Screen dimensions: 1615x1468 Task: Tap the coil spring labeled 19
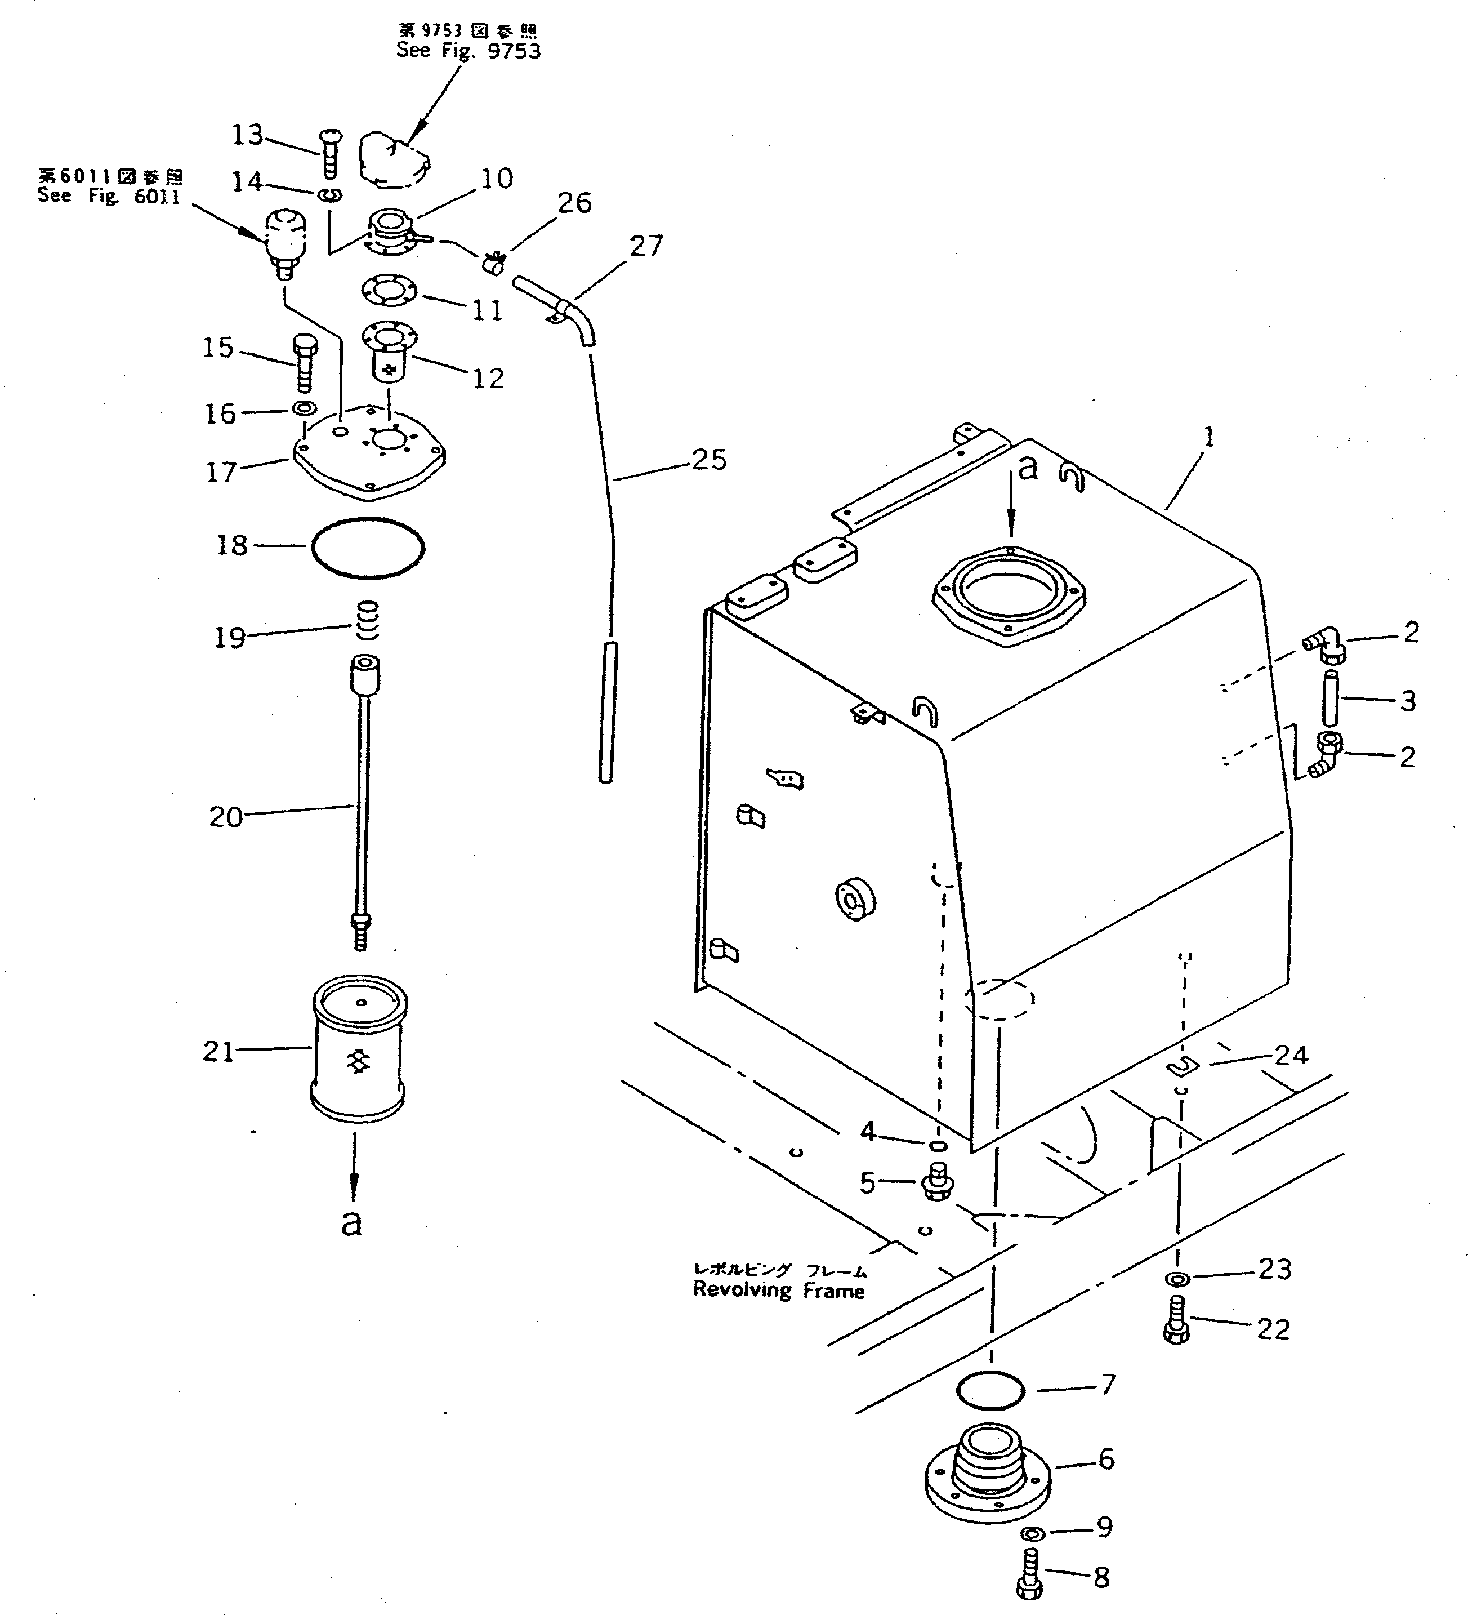pos(366,621)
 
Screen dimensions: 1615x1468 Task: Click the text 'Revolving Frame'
pos(778,1290)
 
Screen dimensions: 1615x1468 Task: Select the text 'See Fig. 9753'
pos(468,51)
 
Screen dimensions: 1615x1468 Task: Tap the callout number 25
pos(708,460)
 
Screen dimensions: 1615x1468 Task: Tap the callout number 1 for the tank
pos(1210,437)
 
